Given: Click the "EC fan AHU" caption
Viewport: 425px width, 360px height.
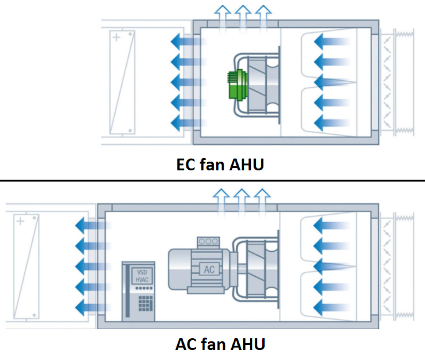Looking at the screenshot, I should (x=212, y=165).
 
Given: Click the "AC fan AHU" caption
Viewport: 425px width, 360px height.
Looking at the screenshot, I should (x=212, y=344).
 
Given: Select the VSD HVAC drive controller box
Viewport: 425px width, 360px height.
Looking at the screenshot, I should (x=138, y=289).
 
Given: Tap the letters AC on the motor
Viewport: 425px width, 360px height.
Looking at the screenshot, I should (x=209, y=269).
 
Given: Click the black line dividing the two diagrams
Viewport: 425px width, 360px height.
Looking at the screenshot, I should (x=212, y=181).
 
